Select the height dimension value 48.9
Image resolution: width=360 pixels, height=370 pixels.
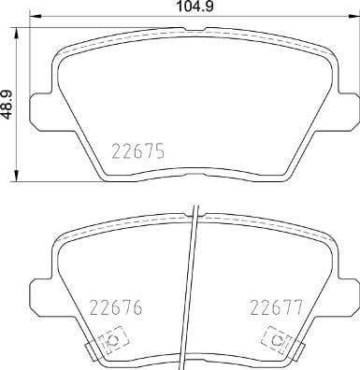[x=7, y=101]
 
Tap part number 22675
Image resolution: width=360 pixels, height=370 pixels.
[x=140, y=149]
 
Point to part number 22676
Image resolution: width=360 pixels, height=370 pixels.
[x=112, y=306]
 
